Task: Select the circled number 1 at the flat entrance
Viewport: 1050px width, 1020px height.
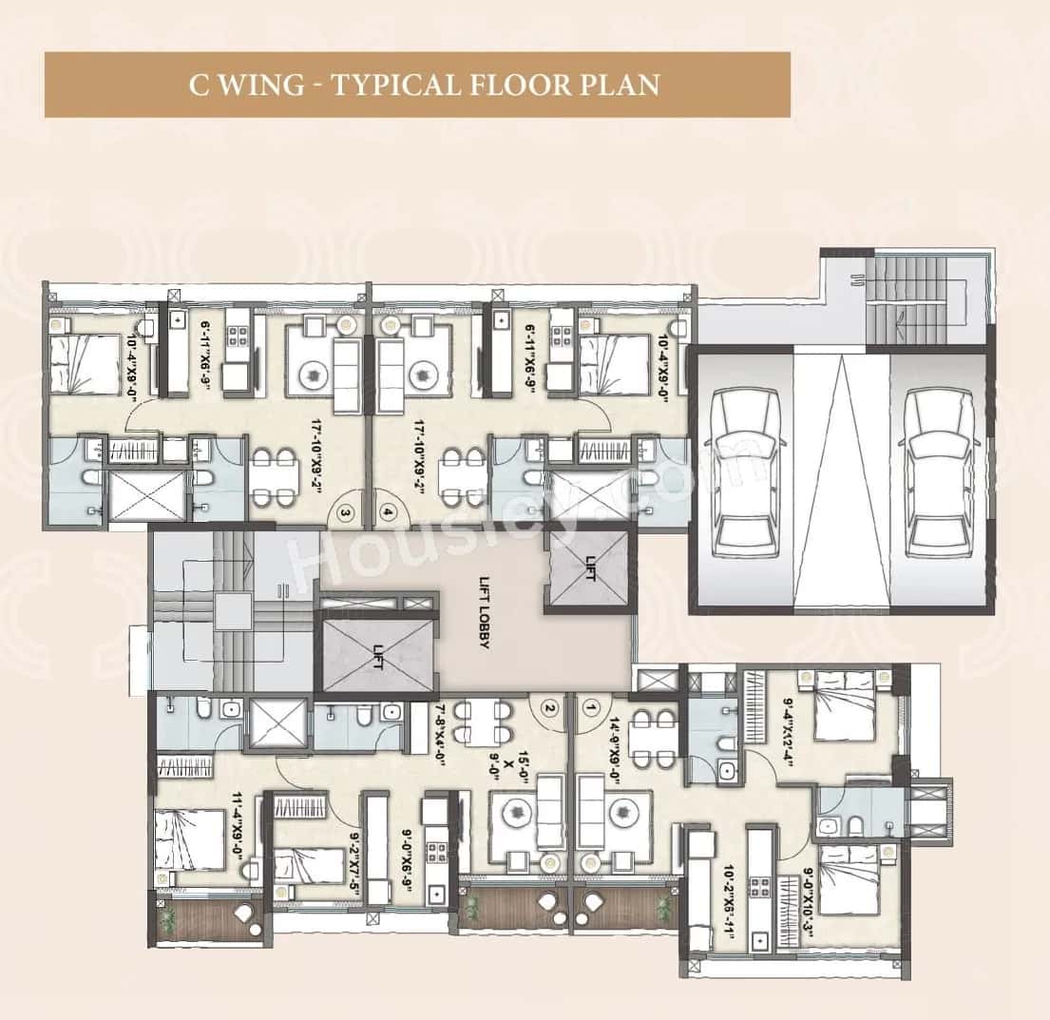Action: tap(592, 707)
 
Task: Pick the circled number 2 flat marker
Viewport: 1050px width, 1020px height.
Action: tap(547, 707)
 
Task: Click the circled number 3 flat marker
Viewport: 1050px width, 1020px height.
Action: tap(347, 512)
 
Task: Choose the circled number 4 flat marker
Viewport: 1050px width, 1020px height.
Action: tap(388, 512)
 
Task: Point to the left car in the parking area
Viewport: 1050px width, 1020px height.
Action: tap(745, 472)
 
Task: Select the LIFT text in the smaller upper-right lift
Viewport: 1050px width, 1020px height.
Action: tap(589, 573)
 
